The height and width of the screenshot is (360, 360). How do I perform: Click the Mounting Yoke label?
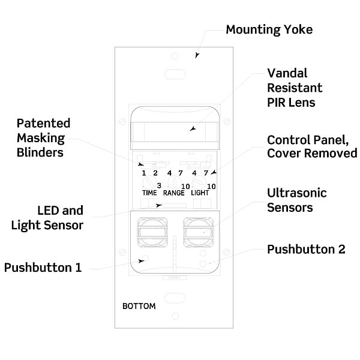(x=269, y=30)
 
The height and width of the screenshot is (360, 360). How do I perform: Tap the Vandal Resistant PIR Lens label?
(x=295, y=88)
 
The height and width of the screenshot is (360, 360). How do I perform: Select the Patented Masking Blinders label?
(x=43, y=138)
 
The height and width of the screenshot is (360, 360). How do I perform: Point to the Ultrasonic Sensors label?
(x=297, y=200)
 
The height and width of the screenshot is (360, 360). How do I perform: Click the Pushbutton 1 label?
(x=43, y=268)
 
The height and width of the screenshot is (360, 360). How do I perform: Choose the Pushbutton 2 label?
(x=306, y=250)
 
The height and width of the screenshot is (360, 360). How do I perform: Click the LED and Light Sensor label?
(x=47, y=218)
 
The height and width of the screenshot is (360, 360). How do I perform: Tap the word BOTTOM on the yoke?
(x=139, y=306)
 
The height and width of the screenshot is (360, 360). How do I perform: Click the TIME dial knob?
(x=149, y=183)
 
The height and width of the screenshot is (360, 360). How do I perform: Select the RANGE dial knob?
(x=174, y=182)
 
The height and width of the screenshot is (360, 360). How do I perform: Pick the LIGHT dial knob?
(x=199, y=182)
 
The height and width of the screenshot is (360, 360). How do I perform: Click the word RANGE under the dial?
(x=174, y=193)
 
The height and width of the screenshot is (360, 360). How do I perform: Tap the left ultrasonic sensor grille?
(x=152, y=232)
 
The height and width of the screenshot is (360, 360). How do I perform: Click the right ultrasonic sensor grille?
(x=199, y=232)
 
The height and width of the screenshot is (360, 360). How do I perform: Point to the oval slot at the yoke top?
(x=175, y=74)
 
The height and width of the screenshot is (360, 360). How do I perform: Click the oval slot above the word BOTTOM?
(x=175, y=298)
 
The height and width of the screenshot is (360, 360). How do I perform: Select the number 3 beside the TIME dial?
(x=159, y=185)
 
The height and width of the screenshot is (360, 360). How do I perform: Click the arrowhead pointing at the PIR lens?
(x=193, y=129)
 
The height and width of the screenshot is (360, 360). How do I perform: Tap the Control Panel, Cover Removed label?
(x=312, y=146)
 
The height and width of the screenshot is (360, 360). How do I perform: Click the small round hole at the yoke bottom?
(x=175, y=316)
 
